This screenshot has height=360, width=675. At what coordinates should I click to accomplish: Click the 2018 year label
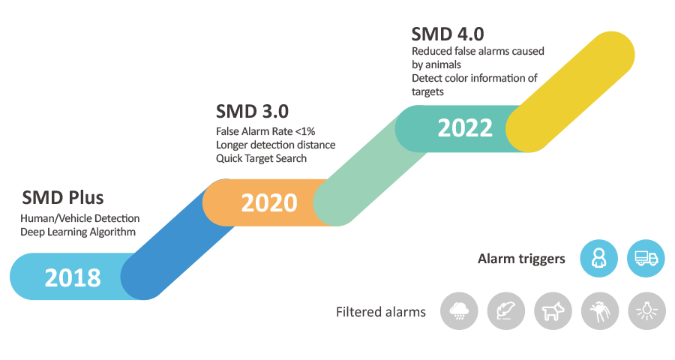coord(73,277)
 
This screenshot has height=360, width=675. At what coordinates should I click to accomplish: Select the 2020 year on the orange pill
coord(268,202)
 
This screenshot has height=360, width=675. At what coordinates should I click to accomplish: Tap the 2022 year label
coord(465,127)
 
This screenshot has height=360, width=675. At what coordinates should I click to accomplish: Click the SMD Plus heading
coord(63,198)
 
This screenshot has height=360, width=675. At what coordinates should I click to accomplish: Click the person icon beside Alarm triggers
coord(598,259)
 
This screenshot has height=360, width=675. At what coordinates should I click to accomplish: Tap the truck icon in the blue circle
coord(646,259)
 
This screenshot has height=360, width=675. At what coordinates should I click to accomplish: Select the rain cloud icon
coord(458,310)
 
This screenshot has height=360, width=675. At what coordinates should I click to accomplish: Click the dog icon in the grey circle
coord(552,310)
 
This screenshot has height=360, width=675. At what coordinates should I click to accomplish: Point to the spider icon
coord(599,310)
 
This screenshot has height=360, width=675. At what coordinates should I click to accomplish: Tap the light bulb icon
coord(646,310)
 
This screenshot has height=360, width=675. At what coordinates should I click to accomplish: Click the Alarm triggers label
coord(521,259)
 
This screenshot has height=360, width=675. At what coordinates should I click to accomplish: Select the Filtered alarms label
coord(380,311)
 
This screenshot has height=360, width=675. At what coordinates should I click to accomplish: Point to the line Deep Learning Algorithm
coord(78,232)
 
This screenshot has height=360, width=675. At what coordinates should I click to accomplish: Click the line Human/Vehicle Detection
coord(80,218)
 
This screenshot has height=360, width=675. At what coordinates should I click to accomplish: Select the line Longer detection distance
coord(275,145)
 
